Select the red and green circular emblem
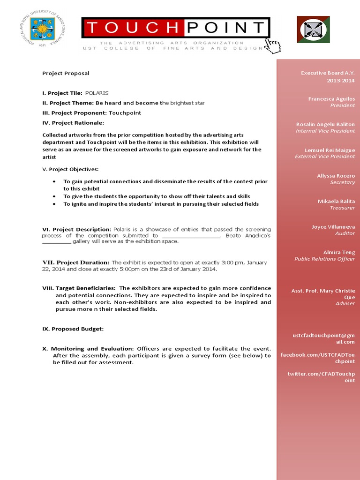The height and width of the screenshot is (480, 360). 313,30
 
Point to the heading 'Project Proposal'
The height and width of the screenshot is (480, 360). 66,73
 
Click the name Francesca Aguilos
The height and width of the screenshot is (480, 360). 331,99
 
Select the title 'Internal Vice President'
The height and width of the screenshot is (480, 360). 325,131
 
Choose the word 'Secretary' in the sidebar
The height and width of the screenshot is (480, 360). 342,182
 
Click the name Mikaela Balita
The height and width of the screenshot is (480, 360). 336,201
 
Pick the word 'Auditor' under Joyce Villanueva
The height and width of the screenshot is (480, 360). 345,233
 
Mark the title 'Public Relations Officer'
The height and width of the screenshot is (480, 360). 324,259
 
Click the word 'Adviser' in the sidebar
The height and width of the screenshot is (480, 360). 345,303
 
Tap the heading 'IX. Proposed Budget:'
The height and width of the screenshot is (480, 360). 73,329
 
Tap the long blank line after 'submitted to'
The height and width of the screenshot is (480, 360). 191,236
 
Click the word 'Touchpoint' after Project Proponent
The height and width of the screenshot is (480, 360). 125,113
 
